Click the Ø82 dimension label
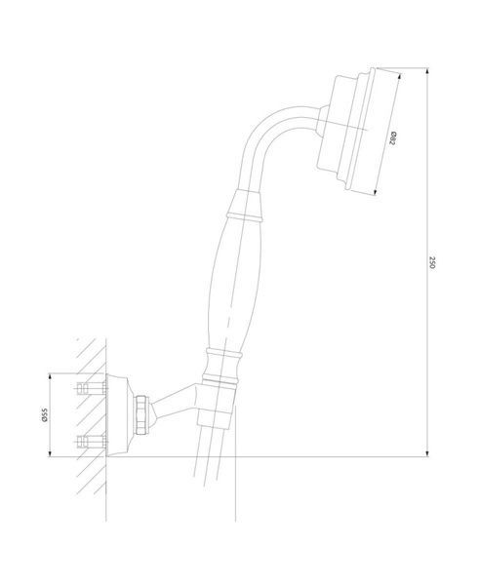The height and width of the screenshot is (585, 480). click(x=392, y=138)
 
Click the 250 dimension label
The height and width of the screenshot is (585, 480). click(x=432, y=262)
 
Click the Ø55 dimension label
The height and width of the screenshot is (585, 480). click(x=45, y=415)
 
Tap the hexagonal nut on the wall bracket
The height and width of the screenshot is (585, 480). click(x=142, y=414)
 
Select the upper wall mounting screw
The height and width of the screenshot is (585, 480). click(x=92, y=388)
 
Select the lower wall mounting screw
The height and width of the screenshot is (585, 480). click(x=92, y=442)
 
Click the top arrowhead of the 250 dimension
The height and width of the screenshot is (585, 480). click(x=427, y=71)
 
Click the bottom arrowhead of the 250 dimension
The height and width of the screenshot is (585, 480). click(x=427, y=452)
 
